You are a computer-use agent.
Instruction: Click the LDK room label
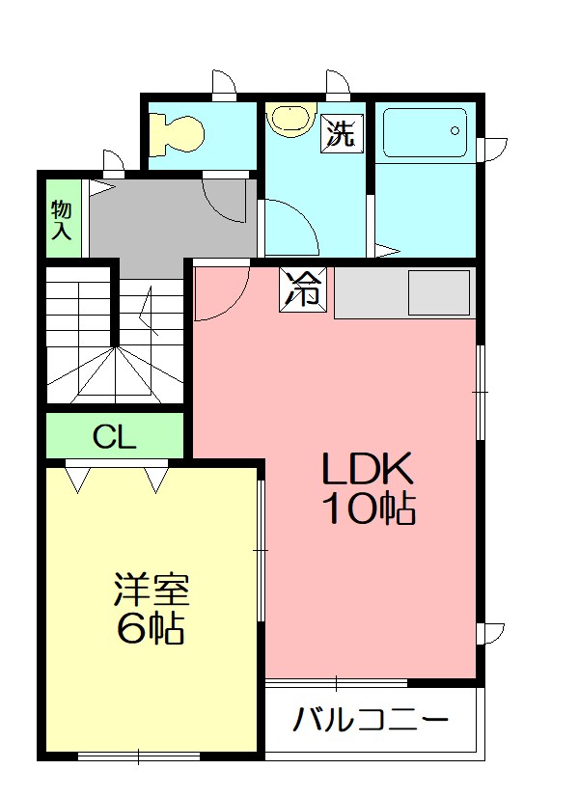click(x=368, y=470)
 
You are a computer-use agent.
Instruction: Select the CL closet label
click(x=114, y=438)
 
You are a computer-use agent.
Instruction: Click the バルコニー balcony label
click(x=371, y=720)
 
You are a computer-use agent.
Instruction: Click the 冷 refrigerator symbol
click(x=304, y=289)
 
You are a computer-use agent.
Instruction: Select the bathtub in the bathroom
click(x=424, y=132)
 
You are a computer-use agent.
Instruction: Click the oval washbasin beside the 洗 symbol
click(x=289, y=118)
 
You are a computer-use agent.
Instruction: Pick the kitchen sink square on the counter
click(x=438, y=292)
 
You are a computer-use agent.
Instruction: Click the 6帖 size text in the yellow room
click(x=151, y=629)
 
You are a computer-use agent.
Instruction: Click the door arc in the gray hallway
click(x=226, y=199)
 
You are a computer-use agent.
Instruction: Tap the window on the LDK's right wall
click(x=481, y=392)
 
